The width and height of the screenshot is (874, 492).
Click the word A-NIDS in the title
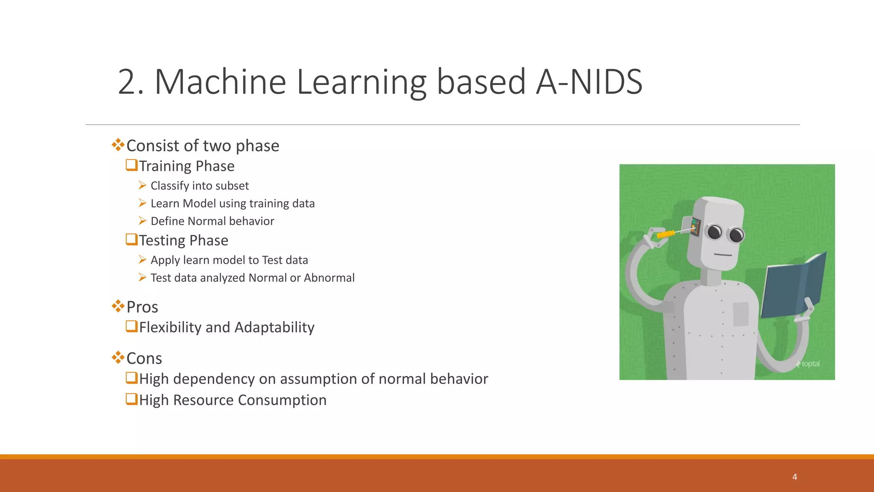[x=589, y=82]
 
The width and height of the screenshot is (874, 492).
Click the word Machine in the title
[x=220, y=82]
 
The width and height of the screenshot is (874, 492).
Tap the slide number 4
[x=794, y=477]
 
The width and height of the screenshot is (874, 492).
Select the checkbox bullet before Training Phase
[x=131, y=165]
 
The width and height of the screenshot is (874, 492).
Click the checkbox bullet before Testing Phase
[x=131, y=239]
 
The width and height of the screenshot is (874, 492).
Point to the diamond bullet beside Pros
[x=118, y=306]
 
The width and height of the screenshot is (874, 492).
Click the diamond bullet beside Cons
[x=118, y=357]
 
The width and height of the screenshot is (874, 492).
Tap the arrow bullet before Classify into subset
[x=143, y=185]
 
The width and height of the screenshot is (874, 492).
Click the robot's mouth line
[x=723, y=255]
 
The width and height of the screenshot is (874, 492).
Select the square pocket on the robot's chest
[x=741, y=314]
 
